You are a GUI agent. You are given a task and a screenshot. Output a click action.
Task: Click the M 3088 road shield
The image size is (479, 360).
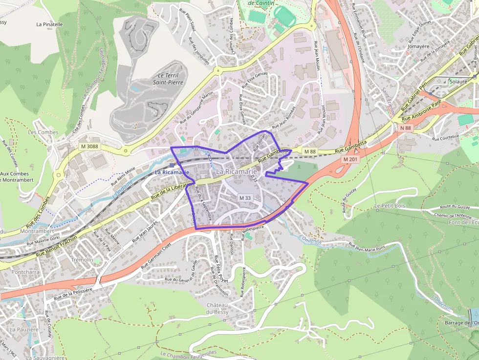coord(89,147)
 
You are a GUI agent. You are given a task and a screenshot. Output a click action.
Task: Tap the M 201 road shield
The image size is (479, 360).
coord(350,159)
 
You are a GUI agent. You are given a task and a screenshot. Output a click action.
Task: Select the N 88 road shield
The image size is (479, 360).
coord(406,128)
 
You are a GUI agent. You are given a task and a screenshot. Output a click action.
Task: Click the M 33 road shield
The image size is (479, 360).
coord(245,198)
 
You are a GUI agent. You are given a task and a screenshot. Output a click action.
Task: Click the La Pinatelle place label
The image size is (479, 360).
coord(49,23)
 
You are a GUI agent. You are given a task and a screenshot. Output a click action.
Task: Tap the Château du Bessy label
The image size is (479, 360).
coord(218,308)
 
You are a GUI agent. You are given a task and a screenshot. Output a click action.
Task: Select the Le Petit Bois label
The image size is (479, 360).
coord(391,207)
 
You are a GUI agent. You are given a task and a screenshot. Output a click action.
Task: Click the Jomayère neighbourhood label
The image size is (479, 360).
coord(418,46)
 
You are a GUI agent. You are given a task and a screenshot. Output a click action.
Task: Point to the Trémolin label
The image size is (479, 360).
coord(82,259)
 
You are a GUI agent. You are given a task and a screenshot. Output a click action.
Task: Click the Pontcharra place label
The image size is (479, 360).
coord(25,271)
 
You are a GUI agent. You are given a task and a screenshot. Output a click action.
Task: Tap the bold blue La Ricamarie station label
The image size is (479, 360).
coord(172,172)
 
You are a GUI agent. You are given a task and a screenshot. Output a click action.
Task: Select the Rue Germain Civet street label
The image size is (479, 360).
coord(158,258)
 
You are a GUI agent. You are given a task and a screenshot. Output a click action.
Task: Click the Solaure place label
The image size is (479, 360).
coord(458,82)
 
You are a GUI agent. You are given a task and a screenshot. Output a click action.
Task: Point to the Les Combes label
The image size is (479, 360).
coord(43,132)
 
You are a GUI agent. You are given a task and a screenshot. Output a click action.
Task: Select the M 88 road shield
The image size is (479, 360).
coord(310,151)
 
